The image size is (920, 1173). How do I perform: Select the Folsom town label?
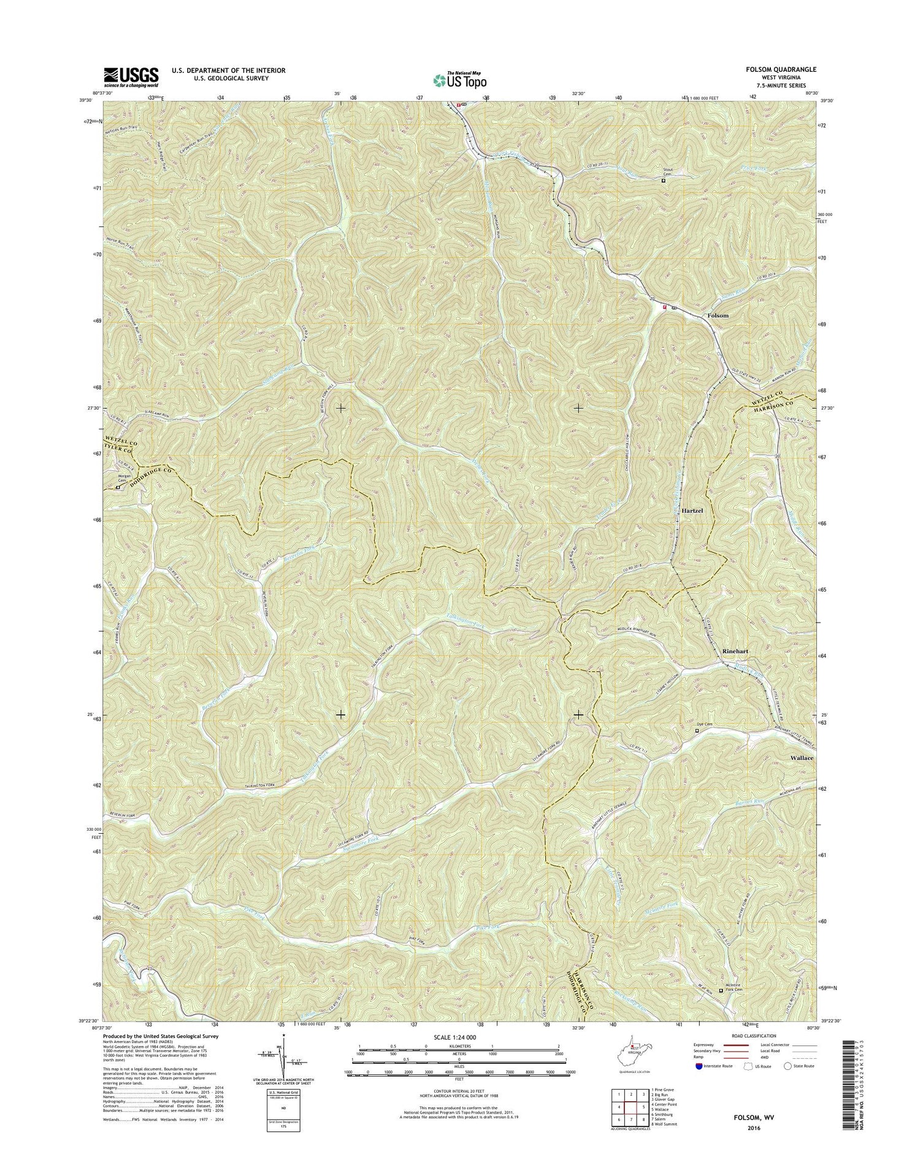718,315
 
